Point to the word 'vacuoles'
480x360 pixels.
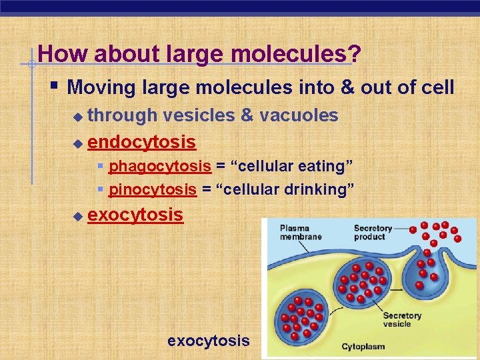point(299,115)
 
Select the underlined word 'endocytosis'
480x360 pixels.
point(141,142)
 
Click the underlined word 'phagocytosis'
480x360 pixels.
point(160,165)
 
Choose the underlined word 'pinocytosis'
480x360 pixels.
point(153,189)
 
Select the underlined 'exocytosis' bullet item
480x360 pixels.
point(135,215)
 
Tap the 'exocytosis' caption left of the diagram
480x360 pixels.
point(208,341)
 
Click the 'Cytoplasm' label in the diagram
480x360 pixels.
point(363,346)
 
